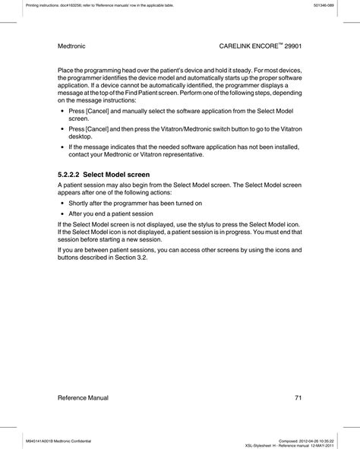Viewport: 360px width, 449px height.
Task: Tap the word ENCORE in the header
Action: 252,46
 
